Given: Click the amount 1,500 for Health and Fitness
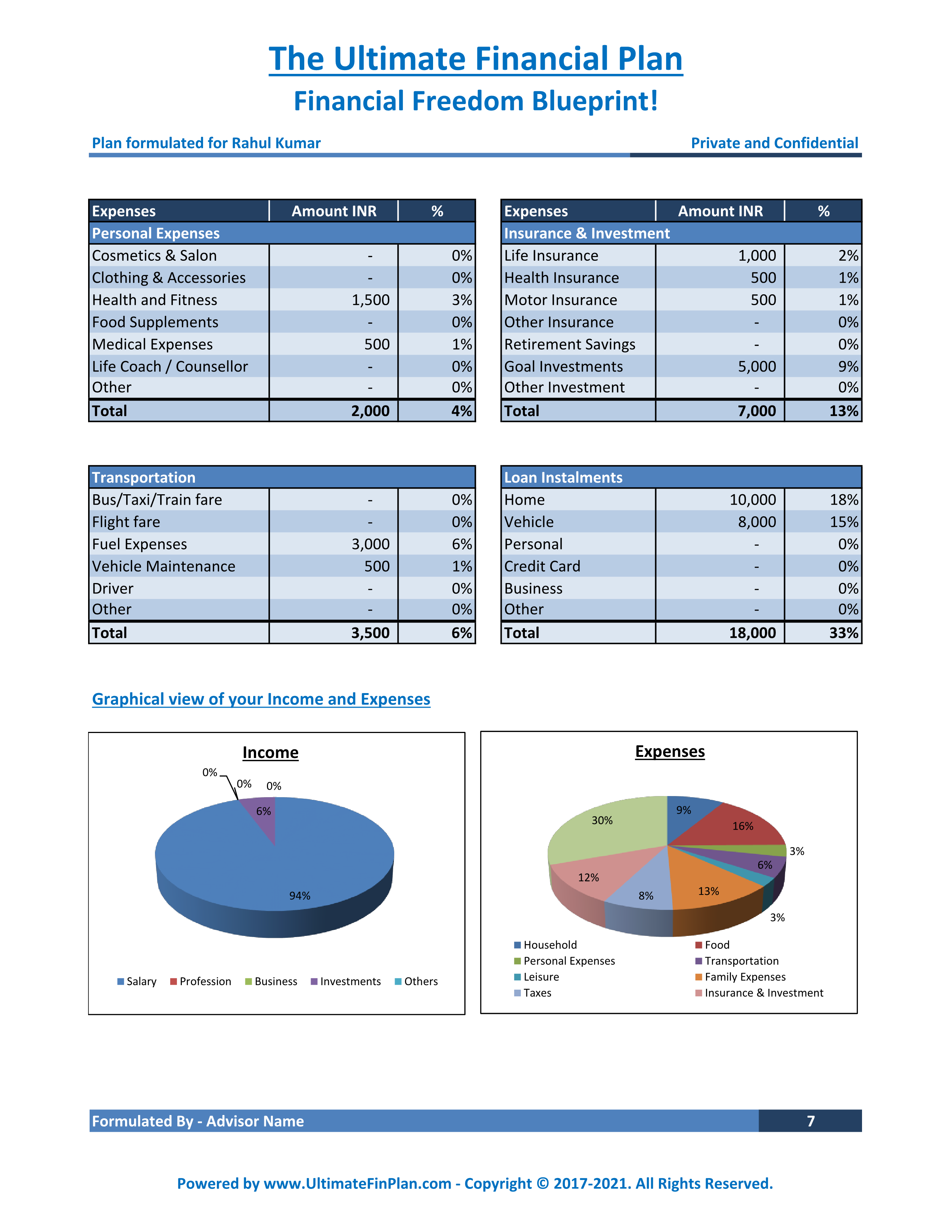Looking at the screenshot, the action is coord(371,300).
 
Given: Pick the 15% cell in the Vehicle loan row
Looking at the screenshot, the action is coord(844,522).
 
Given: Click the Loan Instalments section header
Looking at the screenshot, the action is coord(563,477).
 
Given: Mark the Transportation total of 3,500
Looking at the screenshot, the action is coord(371,633).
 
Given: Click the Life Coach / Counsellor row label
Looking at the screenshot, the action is coord(170,366).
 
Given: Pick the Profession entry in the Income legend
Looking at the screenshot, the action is coord(201,981).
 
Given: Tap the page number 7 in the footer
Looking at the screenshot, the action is coord(811,1121).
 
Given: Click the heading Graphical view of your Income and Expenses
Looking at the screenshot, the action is coord(261,699).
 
